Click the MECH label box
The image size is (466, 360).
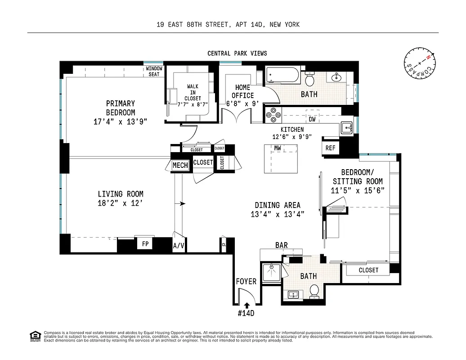(x=180, y=165)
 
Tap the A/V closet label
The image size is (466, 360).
(x=179, y=246)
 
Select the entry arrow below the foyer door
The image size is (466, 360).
(x=246, y=306)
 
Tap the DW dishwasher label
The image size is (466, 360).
(x=312, y=119)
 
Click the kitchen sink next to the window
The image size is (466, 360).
(x=346, y=128)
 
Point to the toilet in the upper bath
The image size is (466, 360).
(x=309, y=80)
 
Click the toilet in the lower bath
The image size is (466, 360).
(x=314, y=291)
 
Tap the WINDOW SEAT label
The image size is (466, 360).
(x=154, y=71)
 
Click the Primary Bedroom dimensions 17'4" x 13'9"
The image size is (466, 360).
(x=120, y=121)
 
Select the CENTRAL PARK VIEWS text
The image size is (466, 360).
(x=237, y=53)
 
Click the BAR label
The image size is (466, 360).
(x=282, y=245)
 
